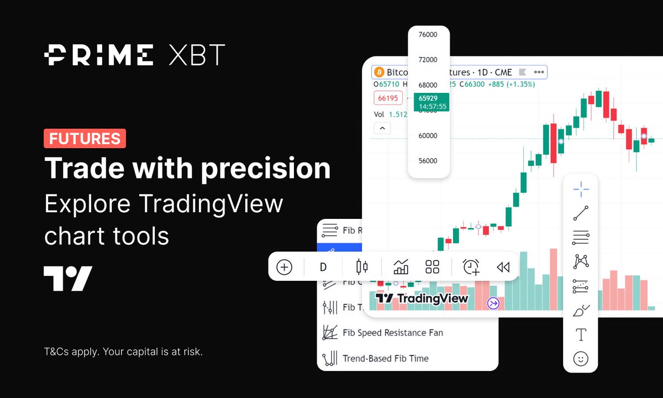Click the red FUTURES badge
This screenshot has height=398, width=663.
pos(85,138)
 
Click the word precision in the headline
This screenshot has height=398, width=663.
pos(265,168)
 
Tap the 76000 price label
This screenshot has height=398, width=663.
pos(428,35)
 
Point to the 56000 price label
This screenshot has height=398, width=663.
pos(428,161)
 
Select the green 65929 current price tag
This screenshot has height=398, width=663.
pos(432,102)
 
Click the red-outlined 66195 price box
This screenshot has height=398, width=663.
pos(387,98)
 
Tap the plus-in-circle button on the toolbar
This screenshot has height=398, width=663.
pos(284,268)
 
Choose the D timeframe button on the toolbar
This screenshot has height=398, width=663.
pos(323,268)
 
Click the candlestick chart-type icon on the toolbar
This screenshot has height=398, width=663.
pos(362,268)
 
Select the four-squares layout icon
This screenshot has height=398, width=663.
pos(432,268)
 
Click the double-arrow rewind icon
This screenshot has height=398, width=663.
pos(502,268)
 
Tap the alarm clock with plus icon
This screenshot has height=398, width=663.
pos(471,268)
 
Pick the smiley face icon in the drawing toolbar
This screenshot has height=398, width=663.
pos(580,359)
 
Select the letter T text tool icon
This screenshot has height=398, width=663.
pos(581,334)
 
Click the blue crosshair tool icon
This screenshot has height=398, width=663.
pos(581,189)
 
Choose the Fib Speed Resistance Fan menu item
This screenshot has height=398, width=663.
pos(392,333)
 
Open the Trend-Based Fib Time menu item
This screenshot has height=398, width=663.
pos(385,358)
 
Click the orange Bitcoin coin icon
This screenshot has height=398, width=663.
pos(379,72)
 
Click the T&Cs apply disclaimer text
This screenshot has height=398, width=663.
pos(123,351)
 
